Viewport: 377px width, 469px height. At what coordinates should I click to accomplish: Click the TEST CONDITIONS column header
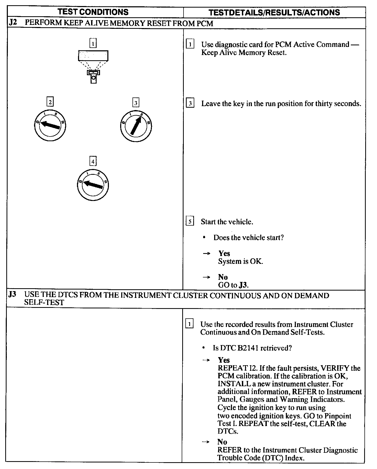(x=93, y=12)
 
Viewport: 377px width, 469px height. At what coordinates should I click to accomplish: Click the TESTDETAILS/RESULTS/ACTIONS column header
(x=274, y=12)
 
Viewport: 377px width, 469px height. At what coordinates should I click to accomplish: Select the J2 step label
(x=13, y=23)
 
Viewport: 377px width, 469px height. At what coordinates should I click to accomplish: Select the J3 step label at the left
(x=12, y=295)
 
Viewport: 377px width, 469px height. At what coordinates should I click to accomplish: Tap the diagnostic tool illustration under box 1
(x=93, y=66)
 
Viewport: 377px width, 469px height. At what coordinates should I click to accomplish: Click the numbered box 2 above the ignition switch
(x=50, y=102)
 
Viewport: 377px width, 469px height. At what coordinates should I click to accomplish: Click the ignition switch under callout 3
(x=136, y=127)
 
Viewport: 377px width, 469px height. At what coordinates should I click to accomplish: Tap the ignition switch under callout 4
(x=93, y=185)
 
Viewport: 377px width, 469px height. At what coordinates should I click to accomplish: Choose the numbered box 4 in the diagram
(x=93, y=161)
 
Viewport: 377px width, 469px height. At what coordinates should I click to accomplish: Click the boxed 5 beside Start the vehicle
(x=190, y=221)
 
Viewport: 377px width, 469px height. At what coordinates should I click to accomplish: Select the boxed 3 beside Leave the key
(x=190, y=103)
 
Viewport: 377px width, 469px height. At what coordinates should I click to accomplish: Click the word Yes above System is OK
(x=224, y=253)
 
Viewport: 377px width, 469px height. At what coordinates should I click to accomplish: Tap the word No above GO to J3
(x=223, y=277)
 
